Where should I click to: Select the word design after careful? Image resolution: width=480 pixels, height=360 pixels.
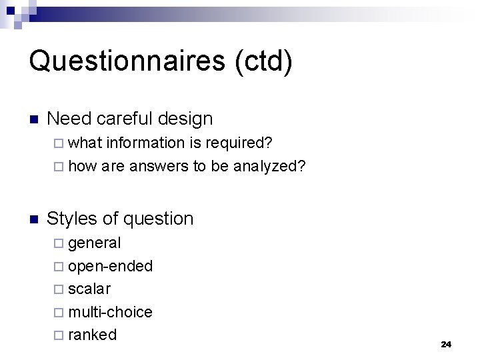pyautogui.click(x=186, y=119)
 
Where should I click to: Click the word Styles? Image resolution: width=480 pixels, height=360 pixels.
pyautogui.click(x=73, y=218)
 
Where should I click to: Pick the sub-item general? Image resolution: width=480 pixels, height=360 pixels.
pyautogui.click(x=95, y=243)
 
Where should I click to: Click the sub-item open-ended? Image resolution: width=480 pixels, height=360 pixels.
pyautogui.click(x=111, y=266)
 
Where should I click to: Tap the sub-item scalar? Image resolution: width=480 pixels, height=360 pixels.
pyautogui.click(x=90, y=289)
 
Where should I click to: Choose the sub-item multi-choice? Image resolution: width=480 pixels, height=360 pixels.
pyautogui.click(x=111, y=311)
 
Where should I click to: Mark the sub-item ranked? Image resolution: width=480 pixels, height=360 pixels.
pyautogui.click(x=93, y=334)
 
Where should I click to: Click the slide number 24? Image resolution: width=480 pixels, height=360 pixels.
pyautogui.click(x=446, y=344)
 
